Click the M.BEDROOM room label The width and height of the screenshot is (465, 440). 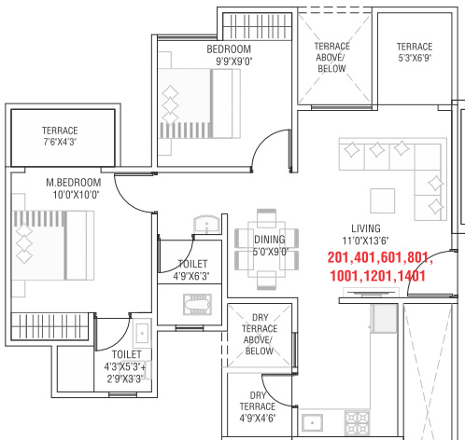click(74, 183)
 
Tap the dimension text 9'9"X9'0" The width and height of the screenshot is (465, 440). click(234, 62)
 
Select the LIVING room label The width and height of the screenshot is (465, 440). click(366, 228)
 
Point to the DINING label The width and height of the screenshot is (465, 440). click(270, 240)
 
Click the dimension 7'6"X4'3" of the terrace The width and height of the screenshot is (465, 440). click(60, 142)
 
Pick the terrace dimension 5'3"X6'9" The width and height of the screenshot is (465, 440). click(415, 58)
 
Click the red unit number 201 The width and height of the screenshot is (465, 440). click(339, 257)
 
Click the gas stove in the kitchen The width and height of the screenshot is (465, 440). click(357, 422)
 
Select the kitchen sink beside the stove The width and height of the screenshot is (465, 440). click(312, 422)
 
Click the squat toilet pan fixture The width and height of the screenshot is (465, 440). click(198, 304)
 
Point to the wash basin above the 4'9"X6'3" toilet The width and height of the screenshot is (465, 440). click(206, 224)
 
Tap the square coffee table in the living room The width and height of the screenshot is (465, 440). click(383, 200)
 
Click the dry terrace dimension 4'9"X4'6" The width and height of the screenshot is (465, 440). click(258, 418)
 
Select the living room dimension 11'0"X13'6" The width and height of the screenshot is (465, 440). click(365, 241)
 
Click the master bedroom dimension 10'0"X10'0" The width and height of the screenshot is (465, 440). click(76, 195)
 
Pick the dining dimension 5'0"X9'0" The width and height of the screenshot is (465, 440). click(271, 252)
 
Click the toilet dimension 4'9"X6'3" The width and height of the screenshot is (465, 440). click(191, 276)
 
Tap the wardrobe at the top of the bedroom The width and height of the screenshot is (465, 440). click(258, 26)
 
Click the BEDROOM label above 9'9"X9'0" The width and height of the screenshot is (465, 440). click(229, 49)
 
